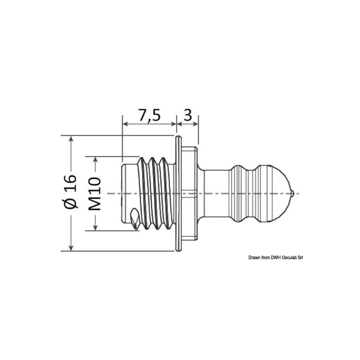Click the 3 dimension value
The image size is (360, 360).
188,116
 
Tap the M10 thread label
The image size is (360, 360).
94,193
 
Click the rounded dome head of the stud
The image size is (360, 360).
279,193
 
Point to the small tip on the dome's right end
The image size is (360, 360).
293,193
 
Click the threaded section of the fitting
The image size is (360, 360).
156,193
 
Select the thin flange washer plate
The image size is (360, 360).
178,193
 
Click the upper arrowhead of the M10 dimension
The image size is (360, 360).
94,160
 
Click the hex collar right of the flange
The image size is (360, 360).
190,193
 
